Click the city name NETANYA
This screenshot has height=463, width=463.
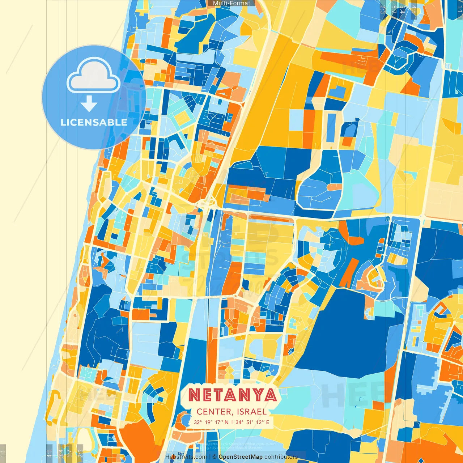[233, 395]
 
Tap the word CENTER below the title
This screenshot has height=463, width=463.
[214, 412]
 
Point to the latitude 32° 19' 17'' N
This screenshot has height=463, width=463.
[211, 422]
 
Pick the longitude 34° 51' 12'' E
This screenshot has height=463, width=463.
[252, 422]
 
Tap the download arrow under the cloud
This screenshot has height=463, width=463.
[89, 104]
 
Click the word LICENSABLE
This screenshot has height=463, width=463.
[94, 122]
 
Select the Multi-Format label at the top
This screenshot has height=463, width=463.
[231, 3]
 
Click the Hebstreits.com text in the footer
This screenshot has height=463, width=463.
[186, 457]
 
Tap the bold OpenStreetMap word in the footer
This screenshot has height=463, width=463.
[241, 457]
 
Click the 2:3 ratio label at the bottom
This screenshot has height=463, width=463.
[80, 452]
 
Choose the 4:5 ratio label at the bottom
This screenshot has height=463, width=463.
[49, 453]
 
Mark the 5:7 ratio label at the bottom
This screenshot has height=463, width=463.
[69, 452]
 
